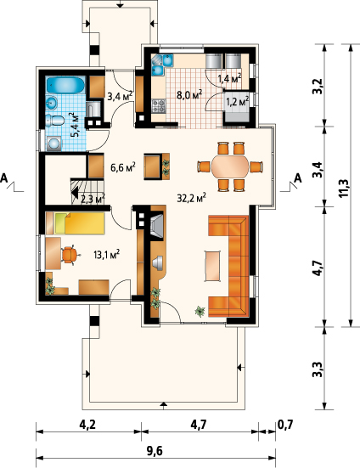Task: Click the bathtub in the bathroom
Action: coord(66,85)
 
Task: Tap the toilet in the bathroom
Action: coord(55,121)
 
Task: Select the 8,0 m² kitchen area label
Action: coord(189,95)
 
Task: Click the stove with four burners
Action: coord(159,105)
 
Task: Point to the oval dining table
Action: coord(230,166)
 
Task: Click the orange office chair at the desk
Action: coord(70,255)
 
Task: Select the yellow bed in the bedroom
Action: coord(76,223)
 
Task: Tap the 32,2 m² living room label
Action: coord(192,198)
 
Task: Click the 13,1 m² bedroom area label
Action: coord(106,255)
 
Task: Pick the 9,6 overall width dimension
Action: coord(155,451)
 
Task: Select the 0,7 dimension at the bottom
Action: coord(285,425)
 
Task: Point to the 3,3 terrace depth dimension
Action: coord(318,369)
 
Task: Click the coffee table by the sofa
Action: coord(212,266)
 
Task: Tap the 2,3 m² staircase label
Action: coord(93,199)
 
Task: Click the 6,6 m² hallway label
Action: coord(123,167)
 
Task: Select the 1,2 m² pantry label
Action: coord(238,101)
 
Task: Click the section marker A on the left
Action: coord(4,178)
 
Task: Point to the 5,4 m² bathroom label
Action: coord(75,125)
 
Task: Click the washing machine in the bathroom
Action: coord(54,144)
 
